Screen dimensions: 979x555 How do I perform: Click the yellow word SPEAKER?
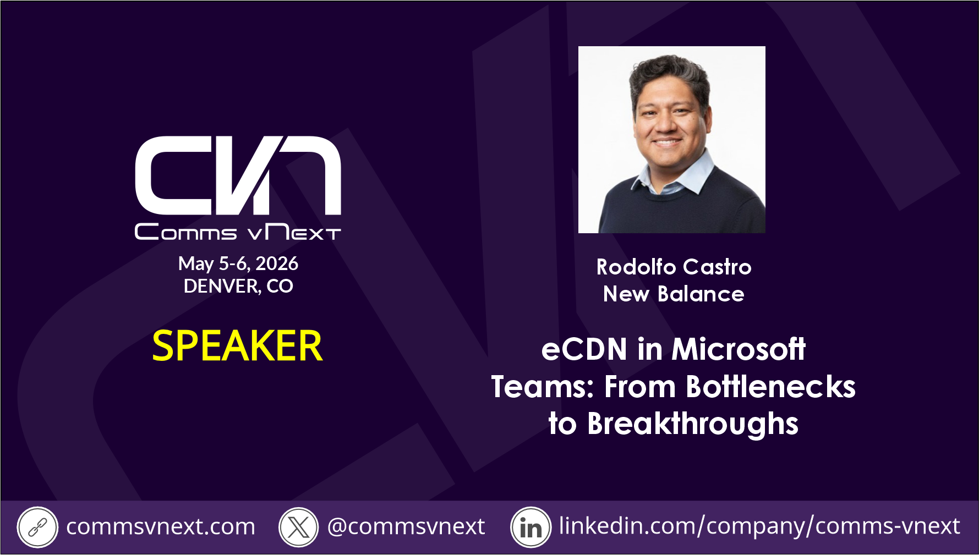tap(237, 346)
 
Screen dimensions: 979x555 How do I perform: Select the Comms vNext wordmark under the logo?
tap(238, 232)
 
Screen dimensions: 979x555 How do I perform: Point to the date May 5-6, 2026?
tap(238, 264)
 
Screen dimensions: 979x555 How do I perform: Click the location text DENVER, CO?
tap(238, 286)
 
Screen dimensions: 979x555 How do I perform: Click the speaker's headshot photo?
tap(671, 140)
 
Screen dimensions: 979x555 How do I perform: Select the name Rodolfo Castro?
tap(674, 267)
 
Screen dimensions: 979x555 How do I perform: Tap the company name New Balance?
tap(674, 294)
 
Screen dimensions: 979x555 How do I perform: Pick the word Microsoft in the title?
tap(739, 349)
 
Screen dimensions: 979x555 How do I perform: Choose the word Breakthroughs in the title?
tap(693, 424)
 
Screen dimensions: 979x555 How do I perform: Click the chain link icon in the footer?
tap(37, 527)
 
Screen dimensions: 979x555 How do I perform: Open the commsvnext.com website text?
tap(161, 527)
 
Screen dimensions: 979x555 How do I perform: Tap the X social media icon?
tap(299, 527)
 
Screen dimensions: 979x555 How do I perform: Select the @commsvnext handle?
tap(406, 527)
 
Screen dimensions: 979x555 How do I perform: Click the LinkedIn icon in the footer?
tap(530, 527)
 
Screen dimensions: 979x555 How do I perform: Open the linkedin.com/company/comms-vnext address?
tap(759, 526)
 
